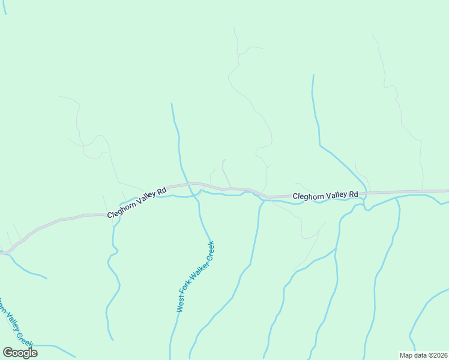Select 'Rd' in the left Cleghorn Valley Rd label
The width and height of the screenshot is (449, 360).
point(161,191)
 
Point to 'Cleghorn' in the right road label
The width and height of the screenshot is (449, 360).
point(309,196)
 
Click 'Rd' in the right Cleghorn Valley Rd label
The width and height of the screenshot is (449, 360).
point(354,195)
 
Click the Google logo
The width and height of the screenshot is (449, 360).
point(20,353)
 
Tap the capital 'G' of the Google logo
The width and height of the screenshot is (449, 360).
point(8,353)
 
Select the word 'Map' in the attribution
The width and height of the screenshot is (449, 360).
point(406,355)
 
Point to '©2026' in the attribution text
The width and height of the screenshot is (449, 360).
point(438,355)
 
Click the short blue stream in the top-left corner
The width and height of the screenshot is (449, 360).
point(4,7)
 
